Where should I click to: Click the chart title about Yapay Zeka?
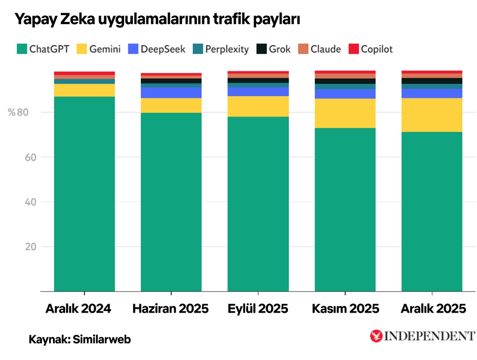157,19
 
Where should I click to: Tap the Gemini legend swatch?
81,49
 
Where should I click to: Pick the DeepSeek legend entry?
156,49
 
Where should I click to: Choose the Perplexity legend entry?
221,49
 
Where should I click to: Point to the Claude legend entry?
320,49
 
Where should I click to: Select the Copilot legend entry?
371,49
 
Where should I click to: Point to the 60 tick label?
22,157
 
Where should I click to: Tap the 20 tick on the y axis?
22,247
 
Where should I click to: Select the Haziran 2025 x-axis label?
171,309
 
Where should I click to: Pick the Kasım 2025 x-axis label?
345,309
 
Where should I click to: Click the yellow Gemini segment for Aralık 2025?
432,115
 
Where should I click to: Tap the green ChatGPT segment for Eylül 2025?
258,204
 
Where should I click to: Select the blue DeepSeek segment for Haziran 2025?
171,92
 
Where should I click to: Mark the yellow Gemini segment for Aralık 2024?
84,90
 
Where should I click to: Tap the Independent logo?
423,336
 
